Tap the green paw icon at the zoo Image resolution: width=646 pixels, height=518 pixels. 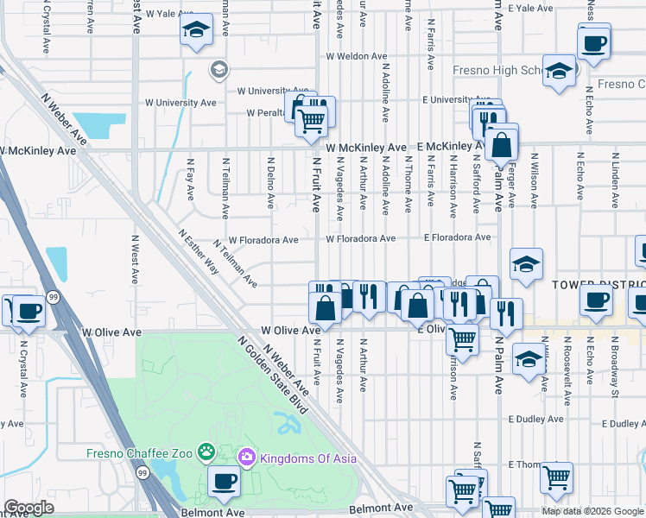tap(206, 452)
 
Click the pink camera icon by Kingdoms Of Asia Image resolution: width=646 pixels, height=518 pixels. tap(246, 457)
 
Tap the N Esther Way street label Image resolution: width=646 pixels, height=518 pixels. tap(199, 251)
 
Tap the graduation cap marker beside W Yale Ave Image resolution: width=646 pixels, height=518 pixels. tap(197, 30)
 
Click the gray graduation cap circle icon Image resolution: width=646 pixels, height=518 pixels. tap(218, 69)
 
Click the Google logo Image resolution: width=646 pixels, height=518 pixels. tap(29, 508)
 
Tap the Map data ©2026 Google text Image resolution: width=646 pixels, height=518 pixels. tap(592, 511)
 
